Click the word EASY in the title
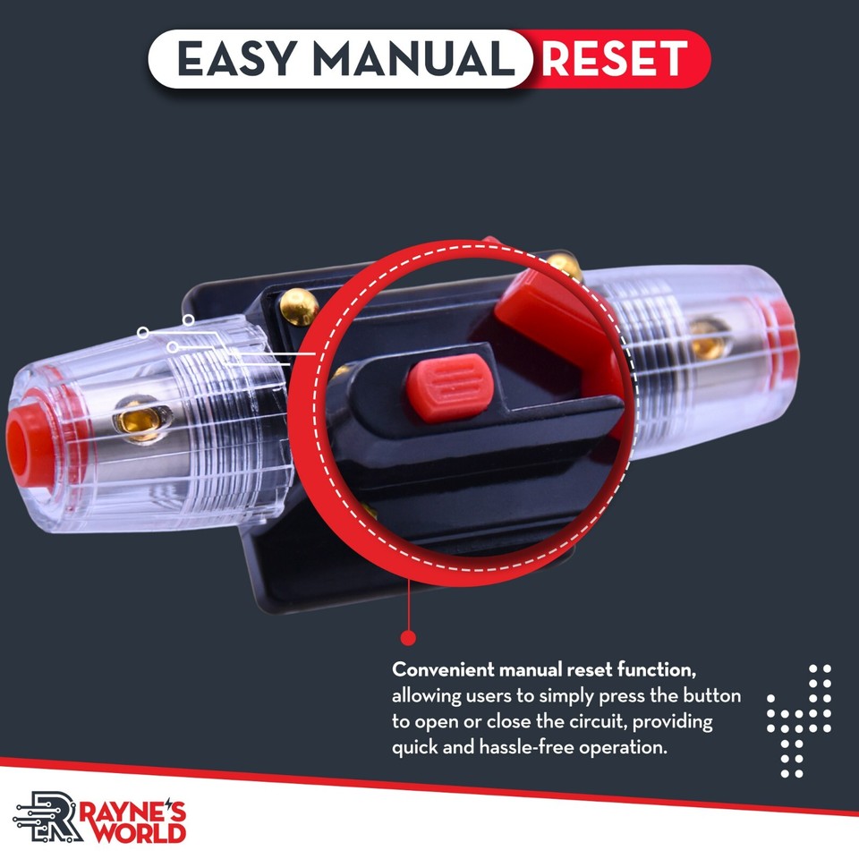(234, 59)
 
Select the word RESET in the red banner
(614, 59)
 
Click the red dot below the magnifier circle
(408, 638)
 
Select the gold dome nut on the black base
(300, 307)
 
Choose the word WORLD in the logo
(144, 831)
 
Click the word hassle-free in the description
(512, 746)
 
